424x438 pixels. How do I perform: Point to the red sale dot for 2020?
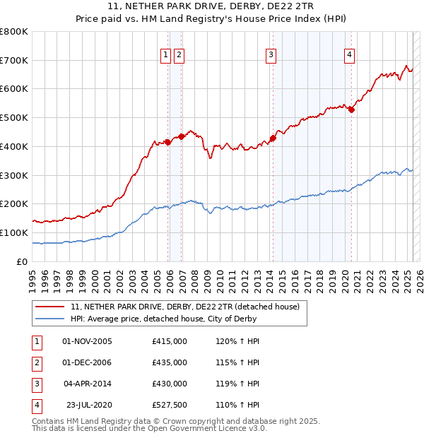tap(351, 109)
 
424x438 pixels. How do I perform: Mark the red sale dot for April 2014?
tap(273, 138)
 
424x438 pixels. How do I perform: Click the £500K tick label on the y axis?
tap(14, 118)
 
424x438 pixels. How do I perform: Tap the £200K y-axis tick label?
tap(14, 204)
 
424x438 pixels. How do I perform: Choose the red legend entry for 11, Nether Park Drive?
tap(185, 307)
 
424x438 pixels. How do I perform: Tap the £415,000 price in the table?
tap(170, 341)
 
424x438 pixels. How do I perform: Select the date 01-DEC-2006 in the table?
tap(88, 362)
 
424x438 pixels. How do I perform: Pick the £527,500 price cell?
tap(170, 405)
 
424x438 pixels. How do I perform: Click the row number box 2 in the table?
tap(36, 362)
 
